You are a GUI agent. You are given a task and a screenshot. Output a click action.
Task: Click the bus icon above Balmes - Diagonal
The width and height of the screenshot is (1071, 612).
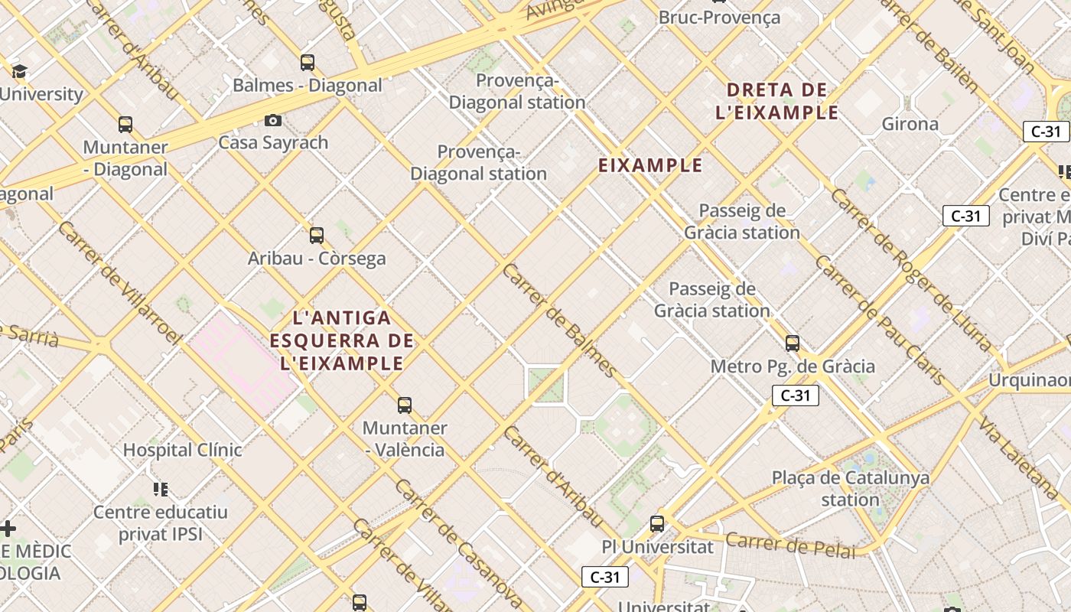pyautogui.click(x=308, y=63)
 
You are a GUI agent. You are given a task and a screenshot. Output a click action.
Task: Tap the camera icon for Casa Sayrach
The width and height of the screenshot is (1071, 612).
pyautogui.click(x=273, y=120)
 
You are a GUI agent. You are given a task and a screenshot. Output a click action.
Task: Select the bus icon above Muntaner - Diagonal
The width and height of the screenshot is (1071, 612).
pyautogui.click(x=125, y=124)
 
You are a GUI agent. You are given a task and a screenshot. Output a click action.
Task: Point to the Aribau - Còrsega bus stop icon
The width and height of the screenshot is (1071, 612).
pyautogui.click(x=317, y=236)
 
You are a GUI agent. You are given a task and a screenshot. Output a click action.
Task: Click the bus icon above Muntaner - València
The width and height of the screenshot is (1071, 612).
pyautogui.click(x=405, y=405)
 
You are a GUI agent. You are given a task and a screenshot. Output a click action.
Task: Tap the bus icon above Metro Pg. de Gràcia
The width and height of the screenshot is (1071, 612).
pyautogui.click(x=793, y=343)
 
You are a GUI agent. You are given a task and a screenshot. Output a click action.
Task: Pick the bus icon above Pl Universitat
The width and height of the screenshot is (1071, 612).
pyautogui.click(x=657, y=524)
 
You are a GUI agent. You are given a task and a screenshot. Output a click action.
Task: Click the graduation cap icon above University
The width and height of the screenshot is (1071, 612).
pyautogui.click(x=19, y=72)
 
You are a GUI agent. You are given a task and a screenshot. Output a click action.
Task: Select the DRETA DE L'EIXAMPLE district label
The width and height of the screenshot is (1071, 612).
pyautogui.click(x=777, y=101)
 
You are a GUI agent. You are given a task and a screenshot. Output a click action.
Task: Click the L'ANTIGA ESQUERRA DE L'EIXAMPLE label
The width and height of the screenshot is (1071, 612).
pyautogui.click(x=342, y=340)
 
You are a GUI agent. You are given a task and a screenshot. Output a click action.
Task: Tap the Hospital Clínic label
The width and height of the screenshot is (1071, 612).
pyautogui.click(x=183, y=450)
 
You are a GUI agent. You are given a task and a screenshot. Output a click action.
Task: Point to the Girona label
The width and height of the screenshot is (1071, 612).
pyautogui.click(x=910, y=124)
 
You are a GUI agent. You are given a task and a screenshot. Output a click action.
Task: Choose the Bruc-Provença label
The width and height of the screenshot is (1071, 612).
pyautogui.click(x=719, y=18)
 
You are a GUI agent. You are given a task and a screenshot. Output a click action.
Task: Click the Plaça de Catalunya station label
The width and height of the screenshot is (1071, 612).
pyautogui.click(x=851, y=489)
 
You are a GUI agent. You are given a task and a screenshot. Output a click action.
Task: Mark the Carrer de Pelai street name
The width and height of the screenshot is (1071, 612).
pyautogui.click(x=789, y=545)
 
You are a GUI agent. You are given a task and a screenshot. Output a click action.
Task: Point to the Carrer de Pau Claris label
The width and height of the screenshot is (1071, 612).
pyautogui.click(x=880, y=320)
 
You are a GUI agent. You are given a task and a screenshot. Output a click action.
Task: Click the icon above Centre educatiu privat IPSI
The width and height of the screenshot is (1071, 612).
pyautogui.click(x=161, y=489)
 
